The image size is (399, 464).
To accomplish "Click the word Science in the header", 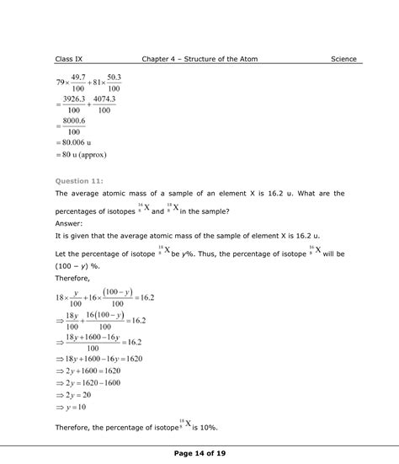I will tap(343, 59).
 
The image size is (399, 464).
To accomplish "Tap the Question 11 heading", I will tap(78, 180).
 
